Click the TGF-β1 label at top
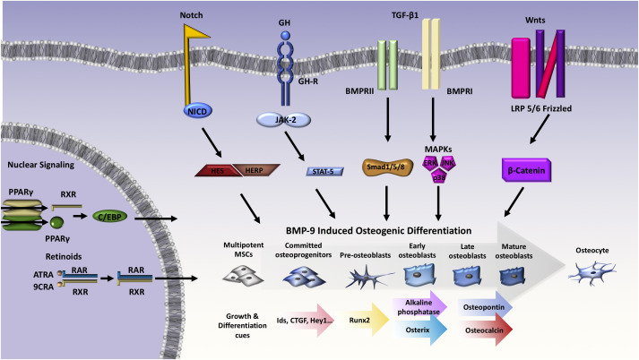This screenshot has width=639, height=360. tap(404, 14)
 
